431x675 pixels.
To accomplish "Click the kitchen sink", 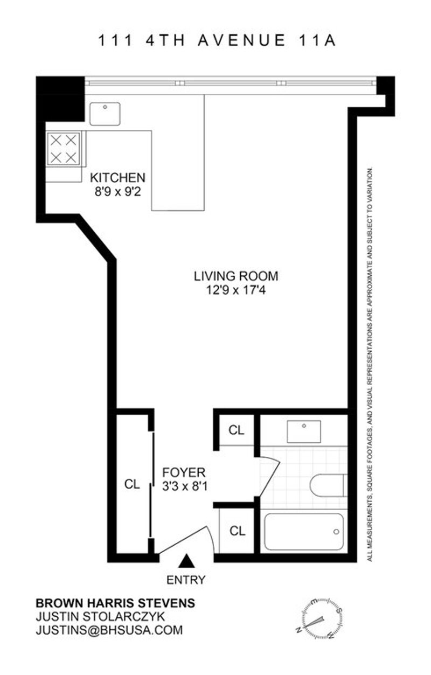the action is [x=105, y=113].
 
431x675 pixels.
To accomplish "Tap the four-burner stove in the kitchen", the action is [x=63, y=149].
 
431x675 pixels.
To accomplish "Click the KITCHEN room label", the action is [x=117, y=177].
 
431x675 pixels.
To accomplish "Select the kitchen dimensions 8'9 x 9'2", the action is [x=118, y=192].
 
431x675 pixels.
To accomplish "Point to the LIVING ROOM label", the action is [x=235, y=276].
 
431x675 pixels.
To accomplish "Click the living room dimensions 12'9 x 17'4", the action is [x=235, y=290].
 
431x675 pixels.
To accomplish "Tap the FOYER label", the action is [x=184, y=472].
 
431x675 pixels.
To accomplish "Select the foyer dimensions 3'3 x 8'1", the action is [x=185, y=486].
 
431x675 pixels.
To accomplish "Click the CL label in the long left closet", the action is [x=132, y=484].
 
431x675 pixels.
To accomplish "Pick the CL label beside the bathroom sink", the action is [x=237, y=430].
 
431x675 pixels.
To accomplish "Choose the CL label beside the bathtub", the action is [x=238, y=531].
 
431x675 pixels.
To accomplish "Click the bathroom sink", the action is [x=303, y=432].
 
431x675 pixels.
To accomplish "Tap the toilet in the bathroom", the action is [x=329, y=485].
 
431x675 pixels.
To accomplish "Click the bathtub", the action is [x=304, y=532].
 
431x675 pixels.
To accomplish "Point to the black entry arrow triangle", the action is [x=186, y=561].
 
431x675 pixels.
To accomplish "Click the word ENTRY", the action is [x=186, y=580].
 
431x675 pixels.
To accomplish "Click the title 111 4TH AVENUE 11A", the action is [x=217, y=40].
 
